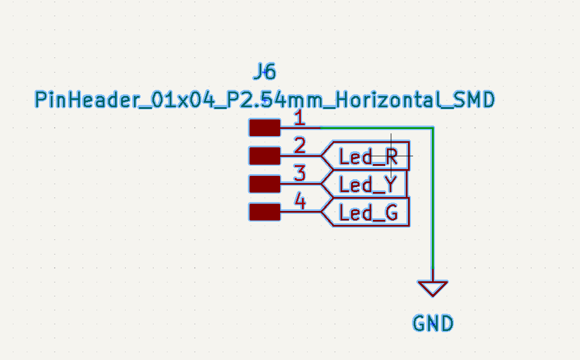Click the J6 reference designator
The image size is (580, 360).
[265, 71]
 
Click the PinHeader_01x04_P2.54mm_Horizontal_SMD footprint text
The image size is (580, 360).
[265, 100]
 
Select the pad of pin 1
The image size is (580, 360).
[265, 128]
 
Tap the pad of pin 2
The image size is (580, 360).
[265, 156]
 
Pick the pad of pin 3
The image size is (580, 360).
[265, 184]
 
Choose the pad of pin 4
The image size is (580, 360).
[265, 212]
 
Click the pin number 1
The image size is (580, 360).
[300, 118]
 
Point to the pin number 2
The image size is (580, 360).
[300, 146]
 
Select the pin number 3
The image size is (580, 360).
[300, 173]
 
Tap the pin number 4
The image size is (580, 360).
[300, 201]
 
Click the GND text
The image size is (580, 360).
[433, 323]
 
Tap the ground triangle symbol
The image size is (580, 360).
[433, 288]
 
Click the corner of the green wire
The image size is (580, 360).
[433, 128]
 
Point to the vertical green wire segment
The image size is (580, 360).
[433, 198]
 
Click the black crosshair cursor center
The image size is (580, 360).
[391, 156]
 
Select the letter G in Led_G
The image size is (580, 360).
[391, 213]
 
